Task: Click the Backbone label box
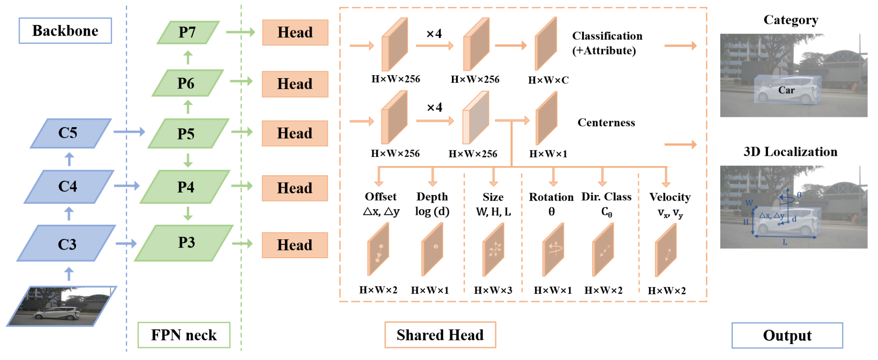[65, 31]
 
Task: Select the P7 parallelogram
[188, 32]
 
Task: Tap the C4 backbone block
[69, 186]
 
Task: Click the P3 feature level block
[184, 243]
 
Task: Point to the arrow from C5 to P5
[129, 132]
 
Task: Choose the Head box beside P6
[295, 84]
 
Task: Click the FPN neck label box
[184, 335]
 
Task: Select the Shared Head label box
[440, 335]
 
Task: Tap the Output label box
[787, 336]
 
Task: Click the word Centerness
[606, 123]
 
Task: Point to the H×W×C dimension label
[549, 80]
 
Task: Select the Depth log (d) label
[432, 204]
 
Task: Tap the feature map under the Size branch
[494, 250]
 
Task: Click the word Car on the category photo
[787, 90]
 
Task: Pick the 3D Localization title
[790, 152]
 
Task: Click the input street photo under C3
[61, 306]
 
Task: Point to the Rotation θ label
[551, 204]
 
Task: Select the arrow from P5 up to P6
[188, 107]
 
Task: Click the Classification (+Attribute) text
[607, 43]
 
